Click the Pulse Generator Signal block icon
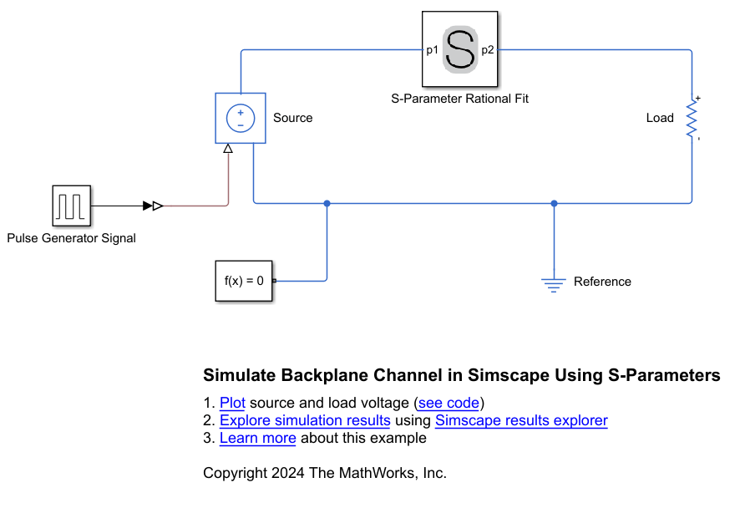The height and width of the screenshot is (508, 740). [x=71, y=206]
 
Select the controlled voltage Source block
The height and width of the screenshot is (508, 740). [x=241, y=119]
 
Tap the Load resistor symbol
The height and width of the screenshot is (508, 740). [x=692, y=119]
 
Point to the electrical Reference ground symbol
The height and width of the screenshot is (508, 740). [x=554, y=283]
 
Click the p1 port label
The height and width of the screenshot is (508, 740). [x=432, y=50]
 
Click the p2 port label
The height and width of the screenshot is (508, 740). [x=488, y=50]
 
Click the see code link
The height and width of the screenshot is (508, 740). [x=449, y=403]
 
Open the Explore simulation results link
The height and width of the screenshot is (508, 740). [x=305, y=420]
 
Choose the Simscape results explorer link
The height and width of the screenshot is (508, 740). [x=521, y=420]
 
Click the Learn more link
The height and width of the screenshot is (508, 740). [x=258, y=438]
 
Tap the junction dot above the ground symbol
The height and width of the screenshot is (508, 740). [x=554, y=203]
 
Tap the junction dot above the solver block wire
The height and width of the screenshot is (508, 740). [x=327, y=203]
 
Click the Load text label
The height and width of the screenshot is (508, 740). [x=660, y=118]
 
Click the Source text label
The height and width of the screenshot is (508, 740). [x=293, y=118]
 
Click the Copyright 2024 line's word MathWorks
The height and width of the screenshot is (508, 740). [x=380, y=473]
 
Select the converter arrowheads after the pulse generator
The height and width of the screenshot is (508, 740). [x=153, y=206]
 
